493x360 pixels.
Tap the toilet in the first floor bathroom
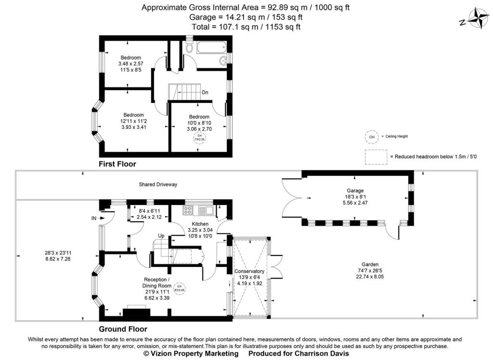[189, 47]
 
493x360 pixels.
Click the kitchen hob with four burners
[188, 210]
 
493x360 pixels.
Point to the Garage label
[354, 191]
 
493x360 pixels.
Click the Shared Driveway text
[158, 184]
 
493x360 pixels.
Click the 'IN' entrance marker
[94, 218]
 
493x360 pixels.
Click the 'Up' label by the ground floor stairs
[162, 236]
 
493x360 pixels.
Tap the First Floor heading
[117, 164]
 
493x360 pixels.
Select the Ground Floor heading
[123, 329]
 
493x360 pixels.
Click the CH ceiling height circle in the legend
[371, 137]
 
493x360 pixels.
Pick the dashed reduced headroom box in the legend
[376, 157]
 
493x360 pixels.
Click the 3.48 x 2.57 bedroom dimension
[131, 64]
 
